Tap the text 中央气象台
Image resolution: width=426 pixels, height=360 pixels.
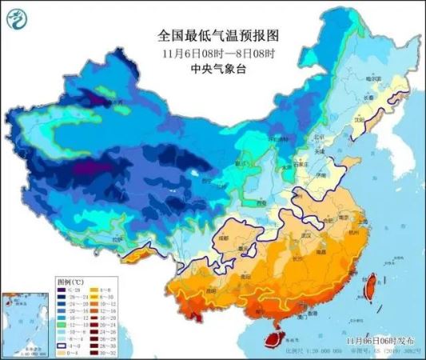coord(213,70)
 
